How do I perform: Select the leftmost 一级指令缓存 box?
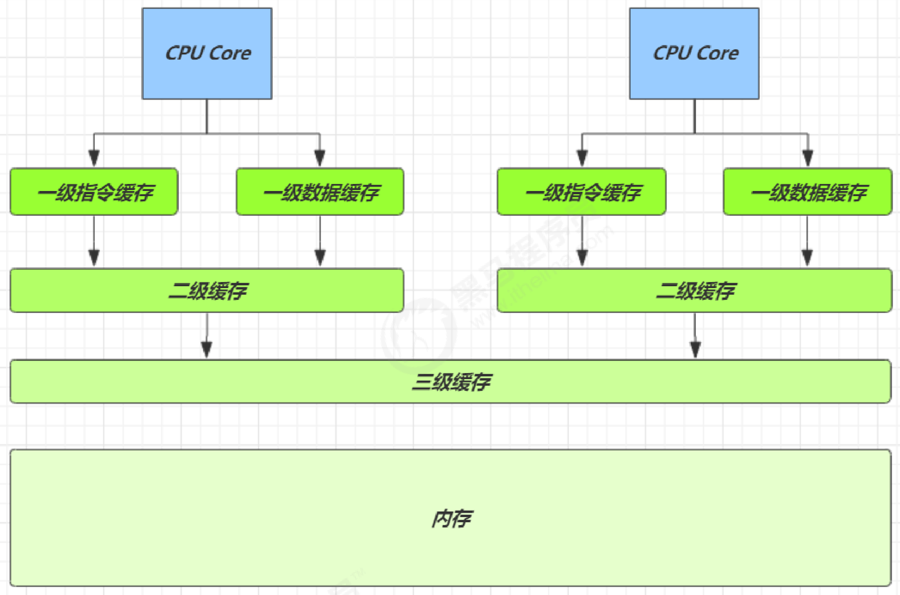tap(94, 192)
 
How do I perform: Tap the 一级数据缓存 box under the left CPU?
tap(320, 192)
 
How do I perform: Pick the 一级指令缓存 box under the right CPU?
tap(581, 192)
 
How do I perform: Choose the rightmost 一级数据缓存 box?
tap(808, 192)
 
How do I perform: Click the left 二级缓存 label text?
tap(208, 290)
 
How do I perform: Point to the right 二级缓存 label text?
tap(695, 290)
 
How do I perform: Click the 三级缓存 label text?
tap(451, 381)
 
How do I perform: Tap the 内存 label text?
tap(451, 519)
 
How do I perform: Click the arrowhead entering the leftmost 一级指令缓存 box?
tap(94, 158)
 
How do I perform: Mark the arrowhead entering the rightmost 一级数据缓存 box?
tap(808, 158)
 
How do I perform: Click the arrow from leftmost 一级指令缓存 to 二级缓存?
tap(94, 239)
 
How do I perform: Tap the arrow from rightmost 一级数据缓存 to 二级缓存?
tap(807, 239)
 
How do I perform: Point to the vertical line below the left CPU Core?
tap(207, 116)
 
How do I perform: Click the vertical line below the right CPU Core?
tap(694, 116)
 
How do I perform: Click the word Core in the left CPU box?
tap(230, 53)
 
